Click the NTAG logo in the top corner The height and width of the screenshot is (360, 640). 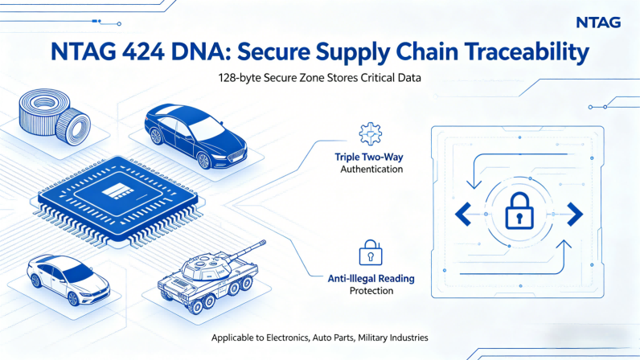(598, 22)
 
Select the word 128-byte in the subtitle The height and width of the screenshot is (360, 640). (239, 78)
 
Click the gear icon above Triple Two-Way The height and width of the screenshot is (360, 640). (370, 134)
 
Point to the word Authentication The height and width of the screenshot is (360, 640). (371, 169)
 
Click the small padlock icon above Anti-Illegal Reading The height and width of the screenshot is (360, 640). (371, 252)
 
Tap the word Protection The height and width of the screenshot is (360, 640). (371, 291)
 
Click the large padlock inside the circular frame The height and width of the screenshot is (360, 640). (519, 211)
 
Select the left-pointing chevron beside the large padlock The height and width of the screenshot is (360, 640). (463, 214)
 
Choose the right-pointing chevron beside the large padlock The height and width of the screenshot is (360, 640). (575, 214)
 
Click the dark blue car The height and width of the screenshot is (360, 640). (196, 136)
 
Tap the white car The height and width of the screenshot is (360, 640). (68, 280)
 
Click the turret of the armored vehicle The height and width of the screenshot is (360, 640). (204, 267)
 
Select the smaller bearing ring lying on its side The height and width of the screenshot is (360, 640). (73, 126)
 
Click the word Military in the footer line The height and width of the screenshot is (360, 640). (372, 337)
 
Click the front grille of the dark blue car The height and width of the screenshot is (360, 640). (236, 157)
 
